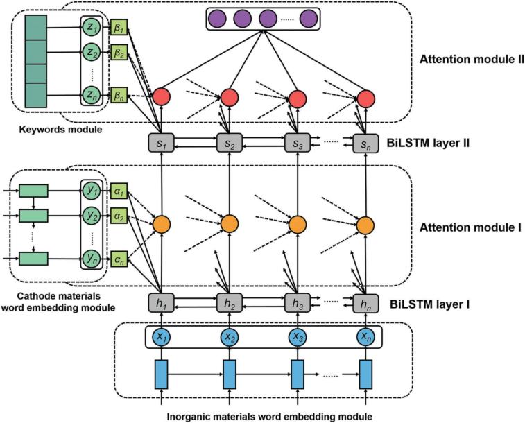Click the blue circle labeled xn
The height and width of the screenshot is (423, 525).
point(365,336)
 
